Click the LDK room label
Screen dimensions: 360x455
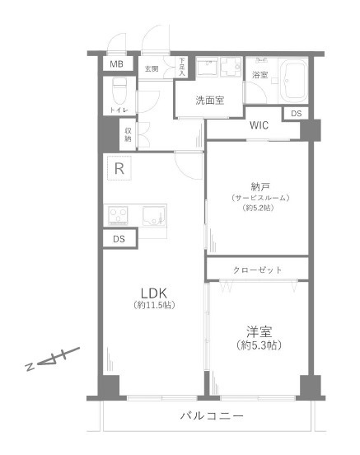tap(154, 293)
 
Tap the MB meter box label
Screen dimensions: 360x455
tap(116, 64)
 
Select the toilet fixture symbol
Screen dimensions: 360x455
tap(119, 91)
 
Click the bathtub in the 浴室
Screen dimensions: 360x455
tap(293, 80)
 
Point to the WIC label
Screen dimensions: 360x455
tap(259, 125)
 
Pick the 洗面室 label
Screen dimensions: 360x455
tap(210, 101)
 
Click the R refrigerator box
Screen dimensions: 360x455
tap(119, 168)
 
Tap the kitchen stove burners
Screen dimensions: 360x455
tap(118, 215)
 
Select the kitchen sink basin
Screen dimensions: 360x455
tap(154, 216)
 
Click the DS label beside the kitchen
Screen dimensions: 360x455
tap(119, 239)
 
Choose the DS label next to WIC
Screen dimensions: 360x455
tap(297, 114)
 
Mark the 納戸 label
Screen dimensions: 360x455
tap(260, 187)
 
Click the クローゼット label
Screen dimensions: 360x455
tap(258, 270)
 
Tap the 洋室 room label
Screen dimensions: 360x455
tap(259, 332)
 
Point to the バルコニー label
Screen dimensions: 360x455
tap(212, 415)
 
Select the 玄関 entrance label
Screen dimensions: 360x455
tap(152, 69)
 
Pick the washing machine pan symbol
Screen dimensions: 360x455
tap(231, 67)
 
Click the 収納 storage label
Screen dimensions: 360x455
tap(128, 134)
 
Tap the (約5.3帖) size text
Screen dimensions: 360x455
tap(259, 345)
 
